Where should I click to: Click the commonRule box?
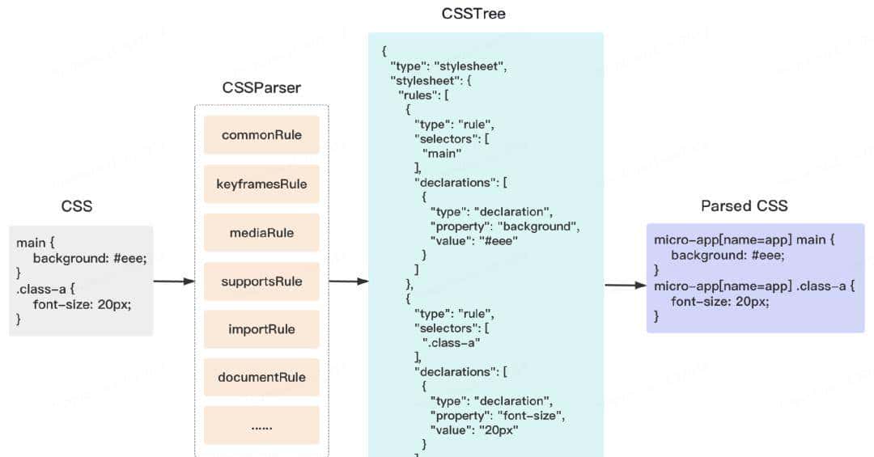[261, 135]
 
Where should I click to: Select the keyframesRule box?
[261, 184]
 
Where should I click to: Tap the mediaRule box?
[261, 233]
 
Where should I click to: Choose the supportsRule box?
[261, 281]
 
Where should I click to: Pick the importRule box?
[261, 329]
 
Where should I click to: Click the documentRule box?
[261, 377]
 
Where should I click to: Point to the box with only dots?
[261, 425]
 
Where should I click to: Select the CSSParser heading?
[261, 87]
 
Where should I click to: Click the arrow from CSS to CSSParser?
[174, 281]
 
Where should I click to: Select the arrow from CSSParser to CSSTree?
[349, 281]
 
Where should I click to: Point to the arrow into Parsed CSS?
[625, 285]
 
